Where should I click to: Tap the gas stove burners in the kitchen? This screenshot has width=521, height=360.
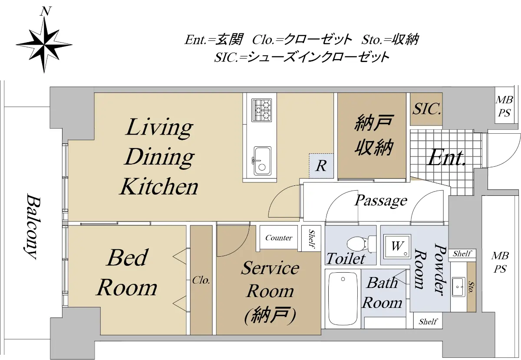tap(262, 110)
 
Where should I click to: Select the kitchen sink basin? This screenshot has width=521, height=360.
tap(262, 161)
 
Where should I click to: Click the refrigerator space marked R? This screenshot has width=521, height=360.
tap(321, 166)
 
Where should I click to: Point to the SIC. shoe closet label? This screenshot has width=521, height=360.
tap(426, 109)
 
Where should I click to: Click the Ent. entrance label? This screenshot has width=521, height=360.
tap(446, 158)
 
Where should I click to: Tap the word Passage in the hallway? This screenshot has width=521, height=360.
tap(380, 200)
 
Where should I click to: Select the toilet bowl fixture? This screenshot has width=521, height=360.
tap(362, 244)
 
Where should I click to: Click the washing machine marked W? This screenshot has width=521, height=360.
tap(397, 246)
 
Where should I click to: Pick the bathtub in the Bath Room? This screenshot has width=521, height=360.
tap(343, 299)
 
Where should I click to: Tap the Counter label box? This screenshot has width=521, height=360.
tap(279, 238)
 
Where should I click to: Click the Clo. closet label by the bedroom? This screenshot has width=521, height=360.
tap(201, 281)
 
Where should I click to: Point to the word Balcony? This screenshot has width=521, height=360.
tap(33, 226)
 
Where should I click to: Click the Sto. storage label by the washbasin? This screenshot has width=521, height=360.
tap(471, 287)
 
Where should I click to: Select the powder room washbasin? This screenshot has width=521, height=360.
tap(458, 287)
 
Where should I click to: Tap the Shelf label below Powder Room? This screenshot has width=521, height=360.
tap(428, 321)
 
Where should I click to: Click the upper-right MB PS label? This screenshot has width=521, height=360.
tap(504, 106)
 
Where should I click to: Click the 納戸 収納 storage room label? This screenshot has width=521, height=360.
tap(374, 135)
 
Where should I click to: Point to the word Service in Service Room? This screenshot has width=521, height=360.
tap(270, 268)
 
